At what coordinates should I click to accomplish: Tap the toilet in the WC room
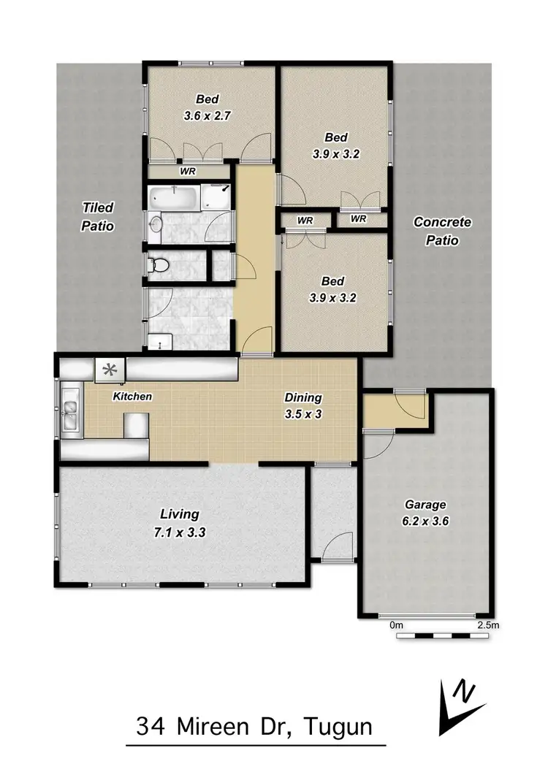[x=155, y=265]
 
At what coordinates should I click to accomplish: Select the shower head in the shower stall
[x=224, y=189]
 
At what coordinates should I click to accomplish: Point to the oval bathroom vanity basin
[x=155, y=226]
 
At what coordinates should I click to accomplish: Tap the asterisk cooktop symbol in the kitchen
[x=110, y=371]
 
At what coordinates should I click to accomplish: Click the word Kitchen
[x=132, y=397]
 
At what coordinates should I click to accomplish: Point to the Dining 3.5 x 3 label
[x=302, y=405]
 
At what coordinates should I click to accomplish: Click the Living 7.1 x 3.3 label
[x=178, y=523]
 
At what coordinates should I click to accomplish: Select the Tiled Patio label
[x=97, y=217]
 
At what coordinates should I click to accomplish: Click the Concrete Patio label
[x=442, y=231]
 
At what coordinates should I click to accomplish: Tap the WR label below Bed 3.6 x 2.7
[x=186, y=172]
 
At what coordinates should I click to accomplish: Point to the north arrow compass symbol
[x=459, y=706]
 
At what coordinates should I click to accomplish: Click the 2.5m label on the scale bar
[x=487, y=625]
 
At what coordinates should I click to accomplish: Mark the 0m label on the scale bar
[x=397, y=625]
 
